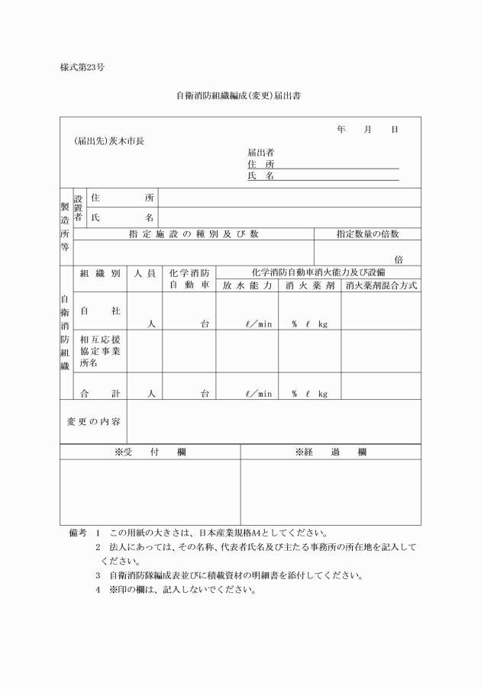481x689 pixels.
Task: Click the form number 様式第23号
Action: coord(82,67)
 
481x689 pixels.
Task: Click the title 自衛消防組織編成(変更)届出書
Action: coord(240,96)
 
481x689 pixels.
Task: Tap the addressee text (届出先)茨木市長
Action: coord(109,141)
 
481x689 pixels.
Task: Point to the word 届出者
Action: coord(261,152)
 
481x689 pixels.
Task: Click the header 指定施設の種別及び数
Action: coord(193,233)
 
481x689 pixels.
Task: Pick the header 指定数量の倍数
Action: coord(367,233)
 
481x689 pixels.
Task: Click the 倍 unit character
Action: coord(399,259)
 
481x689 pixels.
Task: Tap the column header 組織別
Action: coord(99,272)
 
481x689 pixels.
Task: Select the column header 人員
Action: coord(144,272)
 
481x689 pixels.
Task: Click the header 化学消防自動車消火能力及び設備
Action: coord(318,272)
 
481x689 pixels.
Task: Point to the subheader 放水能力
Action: coord(247,286)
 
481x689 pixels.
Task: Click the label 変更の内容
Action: coord(92,422)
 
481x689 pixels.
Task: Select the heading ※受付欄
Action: coord(150,452)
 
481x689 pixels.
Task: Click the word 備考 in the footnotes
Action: coord(78,532)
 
